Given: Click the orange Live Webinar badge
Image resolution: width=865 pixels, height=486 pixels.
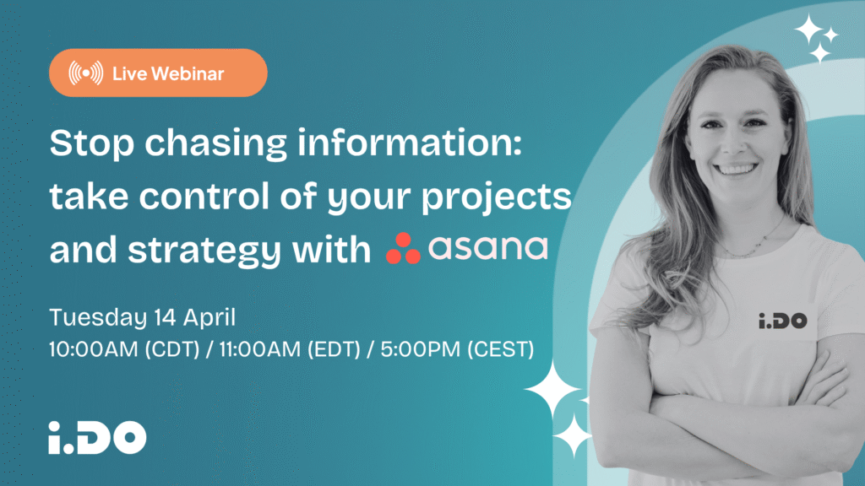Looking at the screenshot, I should coord(158,73).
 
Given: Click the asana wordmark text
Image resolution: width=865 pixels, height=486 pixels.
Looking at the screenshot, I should coord(488,249).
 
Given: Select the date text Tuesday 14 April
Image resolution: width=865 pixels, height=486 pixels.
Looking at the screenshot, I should coord(141,318).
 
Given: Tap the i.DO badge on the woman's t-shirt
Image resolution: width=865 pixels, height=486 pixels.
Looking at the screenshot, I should coord(781,321).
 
